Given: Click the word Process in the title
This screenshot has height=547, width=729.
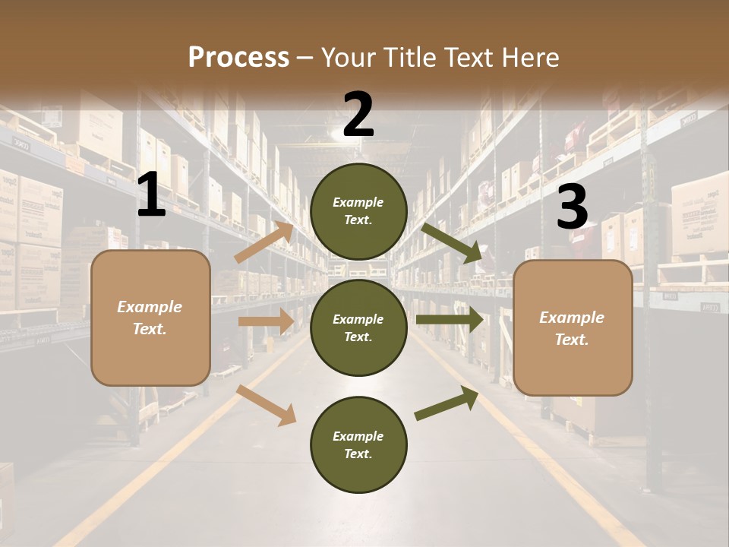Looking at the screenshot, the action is coord(238,58).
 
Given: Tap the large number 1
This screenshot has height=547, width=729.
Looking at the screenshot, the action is coord(151,196).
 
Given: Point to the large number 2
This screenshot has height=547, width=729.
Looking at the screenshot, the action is coord(358,115).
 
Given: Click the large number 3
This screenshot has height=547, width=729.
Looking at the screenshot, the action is coord(572,207).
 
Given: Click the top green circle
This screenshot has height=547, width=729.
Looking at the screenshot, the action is coord(358,211).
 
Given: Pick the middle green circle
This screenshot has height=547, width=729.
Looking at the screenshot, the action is coord(358,327).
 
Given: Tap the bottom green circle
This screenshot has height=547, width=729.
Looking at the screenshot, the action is coord(358,444).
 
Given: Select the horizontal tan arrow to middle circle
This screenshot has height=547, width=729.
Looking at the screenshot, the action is coord(266,321).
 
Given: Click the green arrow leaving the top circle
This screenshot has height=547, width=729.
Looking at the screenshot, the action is coord(452,242).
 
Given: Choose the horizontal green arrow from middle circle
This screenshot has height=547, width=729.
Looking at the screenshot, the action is coord(449,321).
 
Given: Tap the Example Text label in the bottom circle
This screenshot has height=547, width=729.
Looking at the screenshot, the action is coord(358,445).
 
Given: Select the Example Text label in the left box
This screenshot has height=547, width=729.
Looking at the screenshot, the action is coord(150,318).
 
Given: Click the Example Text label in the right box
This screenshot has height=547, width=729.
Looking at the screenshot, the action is coord(573,328).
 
